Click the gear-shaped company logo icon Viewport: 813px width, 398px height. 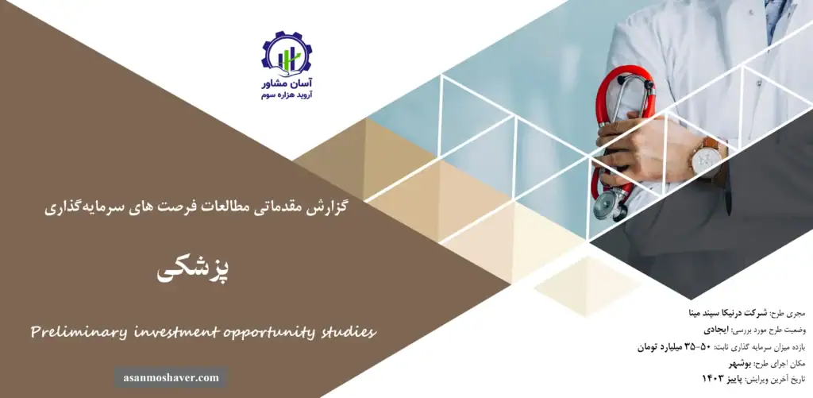[287, 53]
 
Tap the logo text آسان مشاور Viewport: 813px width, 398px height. [287, 83]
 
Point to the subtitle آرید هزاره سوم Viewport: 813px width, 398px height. [287, 95]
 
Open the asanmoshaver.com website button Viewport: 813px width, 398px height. [171, 377]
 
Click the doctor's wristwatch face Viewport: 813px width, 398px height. [704, 160]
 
